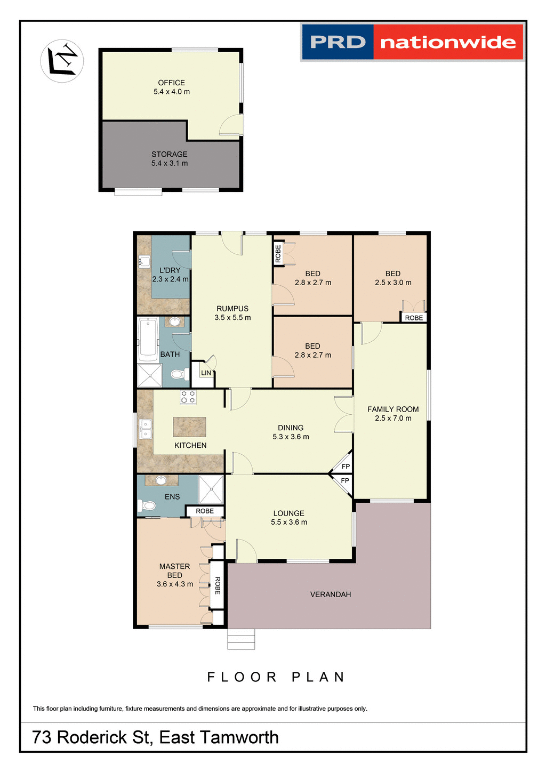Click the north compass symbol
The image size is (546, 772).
click(62, 61)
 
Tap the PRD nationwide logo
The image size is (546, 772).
click(412, 42)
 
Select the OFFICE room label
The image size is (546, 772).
click(171, 83)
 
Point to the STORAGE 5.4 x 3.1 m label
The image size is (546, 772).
click(170, 159)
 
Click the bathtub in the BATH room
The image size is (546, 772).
click(148, 339)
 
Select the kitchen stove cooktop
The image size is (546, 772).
click(188, 397)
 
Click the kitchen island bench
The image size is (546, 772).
click(189, 427)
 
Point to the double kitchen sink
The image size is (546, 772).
click(145, 429)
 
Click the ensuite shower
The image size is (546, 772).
click(211, 489)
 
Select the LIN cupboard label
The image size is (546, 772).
click(206, 373)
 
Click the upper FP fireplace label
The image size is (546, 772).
click(346, 467)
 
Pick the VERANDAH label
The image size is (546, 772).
click(331, 594)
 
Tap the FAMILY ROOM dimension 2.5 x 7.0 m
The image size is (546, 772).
click(393, 419)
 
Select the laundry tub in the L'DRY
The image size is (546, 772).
click(144, 262)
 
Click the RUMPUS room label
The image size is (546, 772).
click(232, 309)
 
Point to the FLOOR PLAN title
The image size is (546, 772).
click(276, 677)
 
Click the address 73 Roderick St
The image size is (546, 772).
click(155, 737)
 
